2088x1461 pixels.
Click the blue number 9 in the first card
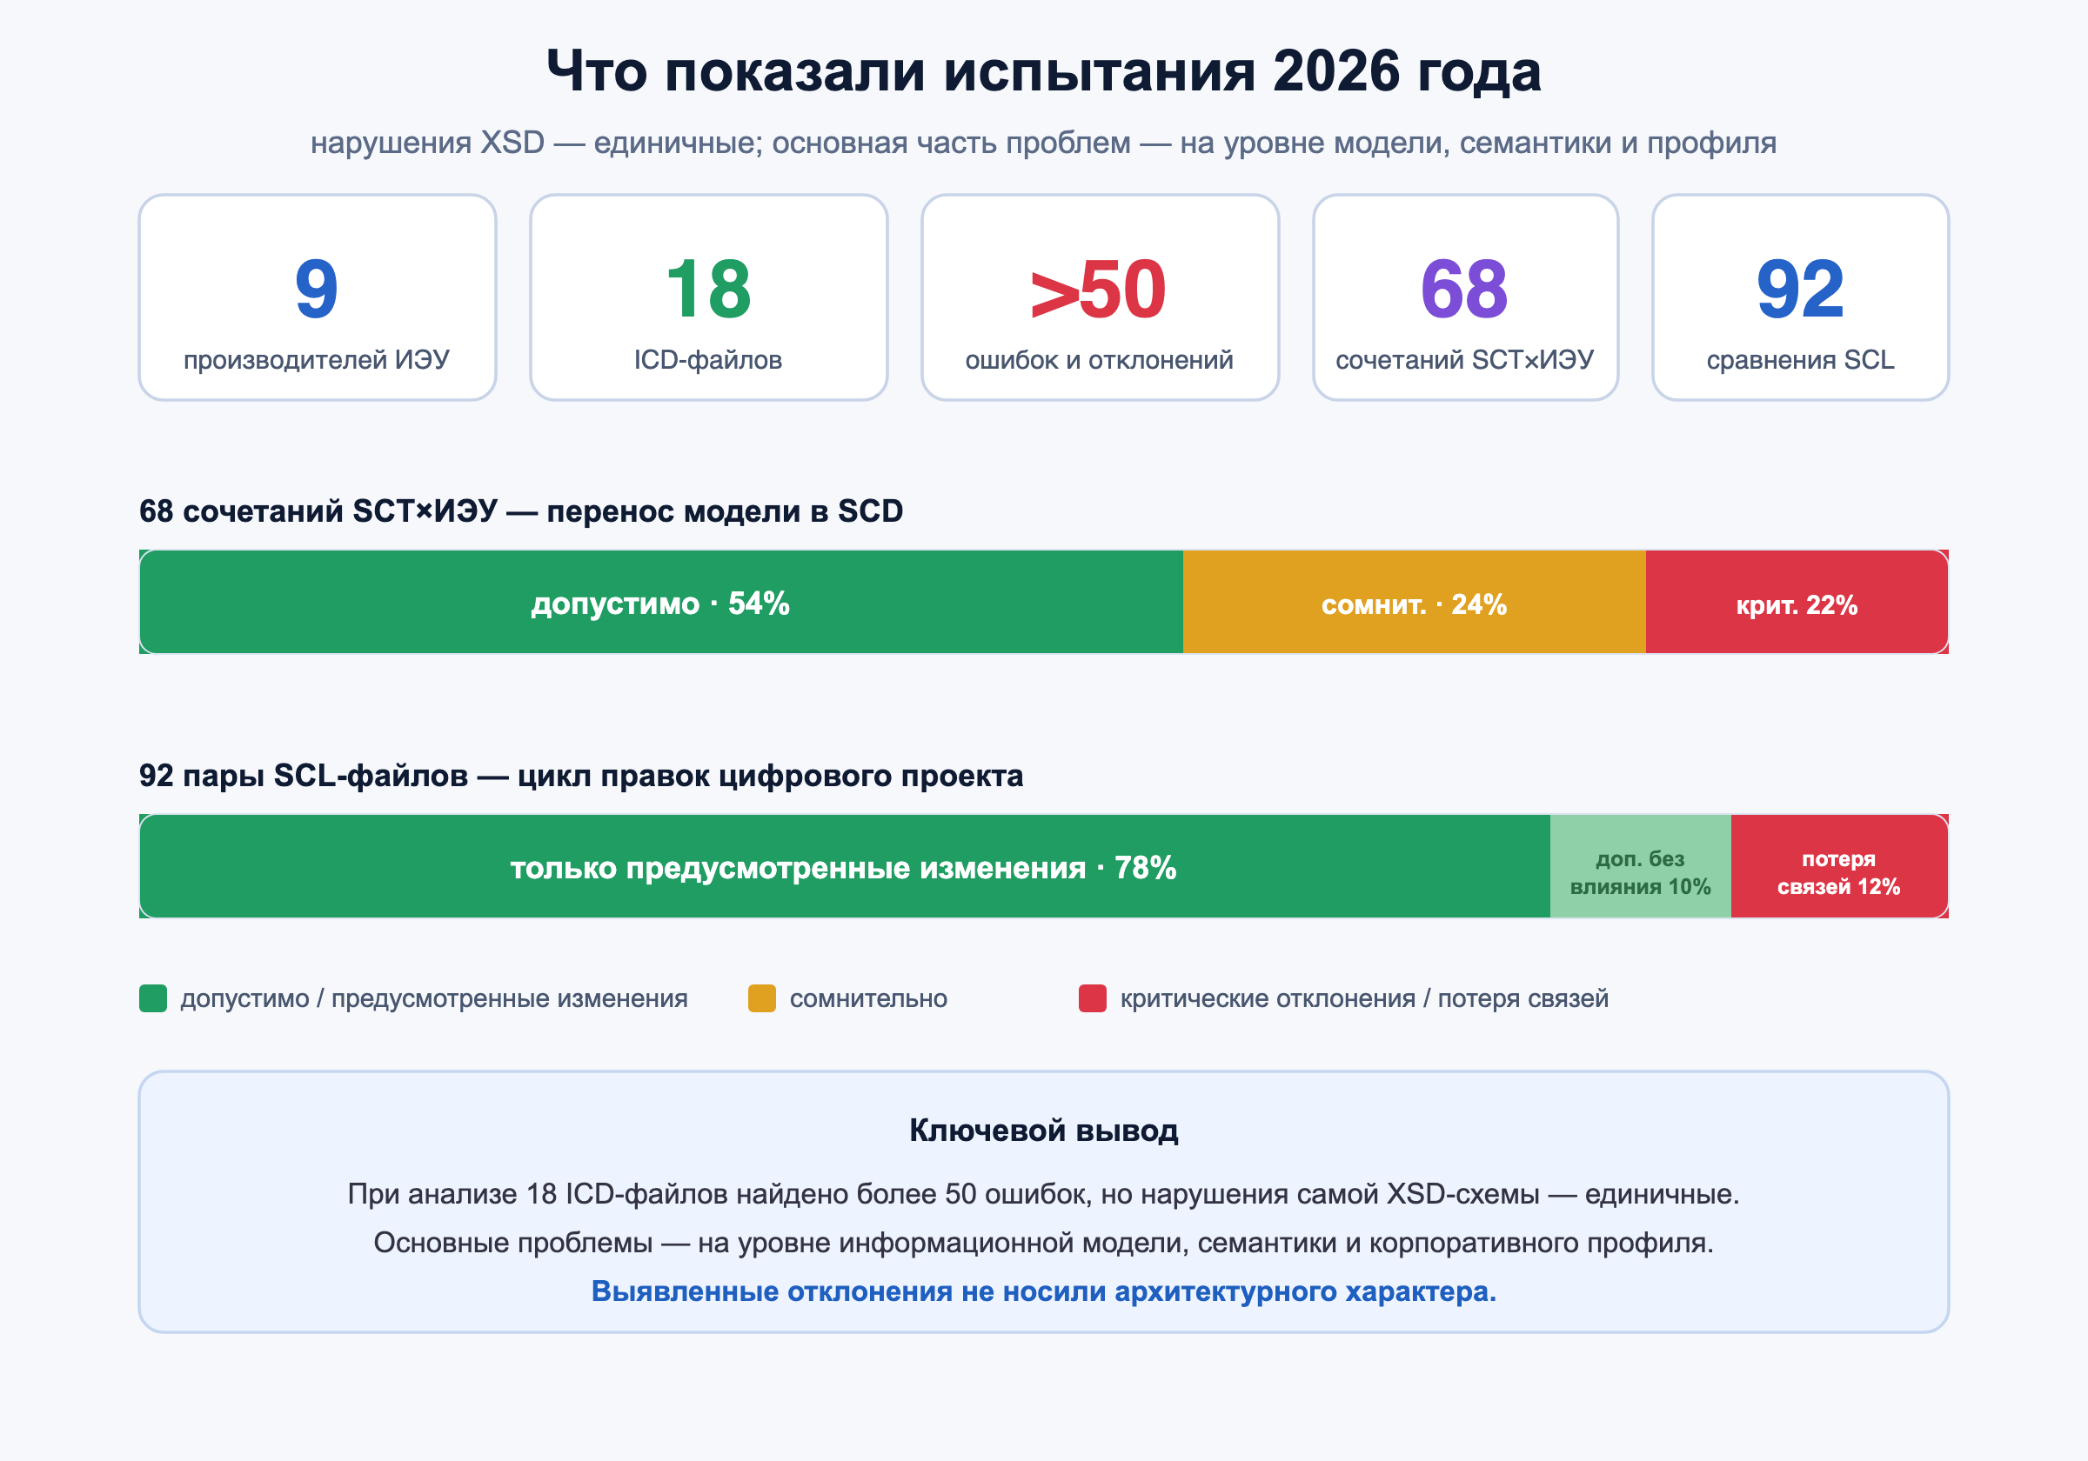(x=317, y=289)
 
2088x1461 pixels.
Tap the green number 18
(x=708, y=289)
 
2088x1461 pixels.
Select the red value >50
(x=1099, y=289)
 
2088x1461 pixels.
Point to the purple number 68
(x=1464, y=289)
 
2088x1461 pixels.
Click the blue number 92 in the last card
(x=1800, y=289)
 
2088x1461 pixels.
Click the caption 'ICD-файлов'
(x=707, y=360)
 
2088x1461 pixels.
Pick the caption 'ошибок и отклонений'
(x=1099, y=360)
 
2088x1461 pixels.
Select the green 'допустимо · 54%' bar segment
(x=661, y=602)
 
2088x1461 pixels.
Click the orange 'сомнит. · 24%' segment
(x=1414, y=602)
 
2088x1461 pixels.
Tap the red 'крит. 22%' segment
(x=1797, y=602)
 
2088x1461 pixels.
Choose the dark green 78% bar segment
(x=844, y=866)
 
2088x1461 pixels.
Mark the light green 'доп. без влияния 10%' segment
(x=1641, y=866)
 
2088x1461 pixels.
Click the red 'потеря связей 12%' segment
(x=1840, y=866)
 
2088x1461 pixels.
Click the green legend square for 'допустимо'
(x=153, y=998)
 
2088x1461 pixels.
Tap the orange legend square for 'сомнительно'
(x=762, y=998)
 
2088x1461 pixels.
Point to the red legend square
(x=1092, y=998)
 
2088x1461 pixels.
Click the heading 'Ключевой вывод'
(x=1044, y=1130)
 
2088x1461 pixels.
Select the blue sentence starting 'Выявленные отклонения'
(x=1044, y=1291)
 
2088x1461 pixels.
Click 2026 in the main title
(x=1336, y=71)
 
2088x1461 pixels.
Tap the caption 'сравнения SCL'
(x=1801, y=360)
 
